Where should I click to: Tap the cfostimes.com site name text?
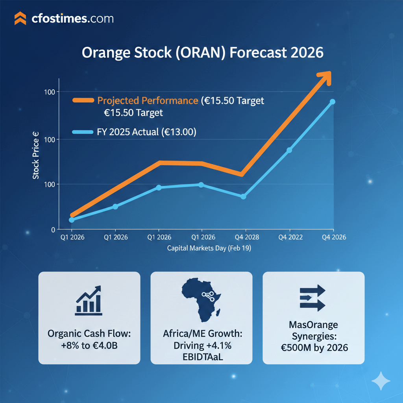(72, 18)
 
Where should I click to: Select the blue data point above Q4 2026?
(332, 102)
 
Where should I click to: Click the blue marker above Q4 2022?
(289, 150)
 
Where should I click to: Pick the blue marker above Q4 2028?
(243, 196)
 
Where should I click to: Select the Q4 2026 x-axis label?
(333, 237)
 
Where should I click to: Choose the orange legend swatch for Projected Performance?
(83, 101)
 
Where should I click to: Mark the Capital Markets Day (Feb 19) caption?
(209, 249)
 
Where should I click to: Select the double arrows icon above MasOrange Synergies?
(312, 298)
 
